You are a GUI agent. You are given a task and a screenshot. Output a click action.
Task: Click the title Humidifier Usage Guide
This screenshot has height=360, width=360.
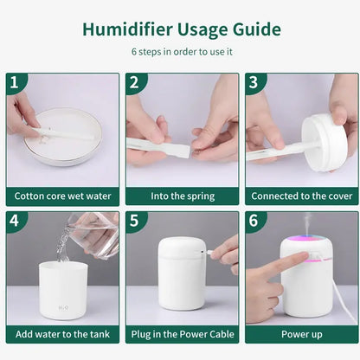(x=181, y=29)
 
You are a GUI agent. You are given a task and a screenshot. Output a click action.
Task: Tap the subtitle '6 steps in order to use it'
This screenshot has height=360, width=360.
(x=181, y=51)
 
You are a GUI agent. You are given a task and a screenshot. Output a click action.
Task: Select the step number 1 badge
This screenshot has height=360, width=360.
(x=15, y=83)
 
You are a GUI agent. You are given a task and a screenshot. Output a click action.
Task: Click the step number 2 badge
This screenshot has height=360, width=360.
(x=134, y=83)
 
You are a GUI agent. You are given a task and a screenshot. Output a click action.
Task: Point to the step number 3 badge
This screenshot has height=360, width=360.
(x=254, y=83)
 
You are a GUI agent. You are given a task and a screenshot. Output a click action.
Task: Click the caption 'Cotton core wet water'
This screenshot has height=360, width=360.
(x=62, y=196)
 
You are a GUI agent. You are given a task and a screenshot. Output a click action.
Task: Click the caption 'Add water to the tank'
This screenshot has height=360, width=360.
(x=62, y=333)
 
